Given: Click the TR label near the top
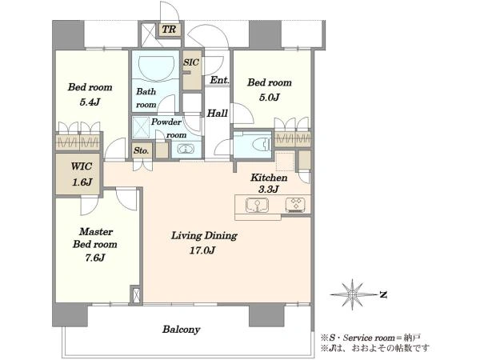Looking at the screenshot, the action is click(169, 30).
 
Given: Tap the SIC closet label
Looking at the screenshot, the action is click(191, 62).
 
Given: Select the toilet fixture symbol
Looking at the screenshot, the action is click(263, 144).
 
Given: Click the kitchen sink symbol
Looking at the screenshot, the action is click(257, 205).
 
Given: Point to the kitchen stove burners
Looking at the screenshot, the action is click(295, 205).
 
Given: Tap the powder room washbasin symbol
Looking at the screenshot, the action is click(186, 149).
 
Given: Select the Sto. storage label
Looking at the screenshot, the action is click(142, 150).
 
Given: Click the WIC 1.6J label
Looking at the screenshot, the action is click(82, 174).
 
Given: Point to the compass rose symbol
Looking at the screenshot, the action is click(353, 294).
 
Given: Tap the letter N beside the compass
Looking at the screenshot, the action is click(383, 294).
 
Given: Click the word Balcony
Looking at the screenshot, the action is click(182, 330).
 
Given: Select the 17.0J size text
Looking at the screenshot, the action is click(202, 250).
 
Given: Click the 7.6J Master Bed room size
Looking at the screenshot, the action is click(95, 258).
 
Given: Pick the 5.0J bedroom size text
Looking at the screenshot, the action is click(270, 98).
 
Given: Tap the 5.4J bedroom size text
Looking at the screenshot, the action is click(90, 102).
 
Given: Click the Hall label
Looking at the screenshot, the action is click(218, 114).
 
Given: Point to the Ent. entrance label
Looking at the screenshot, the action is click(220, 80).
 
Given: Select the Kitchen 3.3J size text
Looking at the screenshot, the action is click(269, 189).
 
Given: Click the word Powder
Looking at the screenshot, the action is click(166, 122).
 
